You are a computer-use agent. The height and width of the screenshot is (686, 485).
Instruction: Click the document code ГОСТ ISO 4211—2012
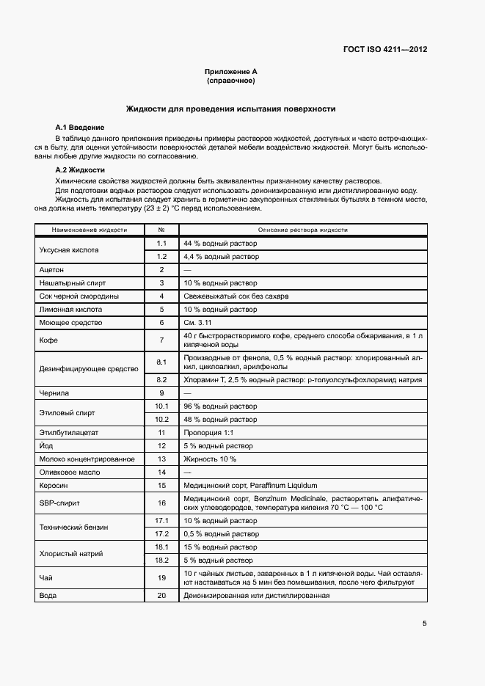pos(385,50)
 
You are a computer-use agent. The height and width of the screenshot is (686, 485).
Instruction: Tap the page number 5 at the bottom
pos(424,624)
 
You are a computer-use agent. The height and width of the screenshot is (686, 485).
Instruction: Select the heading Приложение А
pos(230,71)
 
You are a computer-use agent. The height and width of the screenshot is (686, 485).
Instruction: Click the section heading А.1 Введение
pos(80,128)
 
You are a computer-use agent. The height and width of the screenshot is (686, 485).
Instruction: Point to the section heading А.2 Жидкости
pos(81,170)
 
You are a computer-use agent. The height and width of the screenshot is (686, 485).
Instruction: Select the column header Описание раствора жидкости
pos(302,230)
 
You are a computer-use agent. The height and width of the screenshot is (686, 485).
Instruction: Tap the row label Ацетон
pos(51,270)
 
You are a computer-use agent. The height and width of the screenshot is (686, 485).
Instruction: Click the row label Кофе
pos(48,340)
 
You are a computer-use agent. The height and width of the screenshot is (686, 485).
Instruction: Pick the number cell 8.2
pos(161,379)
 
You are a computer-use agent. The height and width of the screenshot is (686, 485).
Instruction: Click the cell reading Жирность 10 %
pos(210,459)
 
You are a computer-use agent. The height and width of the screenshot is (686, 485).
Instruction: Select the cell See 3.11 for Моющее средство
pos(198,323)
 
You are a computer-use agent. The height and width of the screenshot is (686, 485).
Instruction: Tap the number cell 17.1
pos(161,520)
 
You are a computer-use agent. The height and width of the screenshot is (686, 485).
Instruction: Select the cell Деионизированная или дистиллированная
pos(256,596)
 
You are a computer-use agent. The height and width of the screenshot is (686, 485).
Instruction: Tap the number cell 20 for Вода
pos(161,596)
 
